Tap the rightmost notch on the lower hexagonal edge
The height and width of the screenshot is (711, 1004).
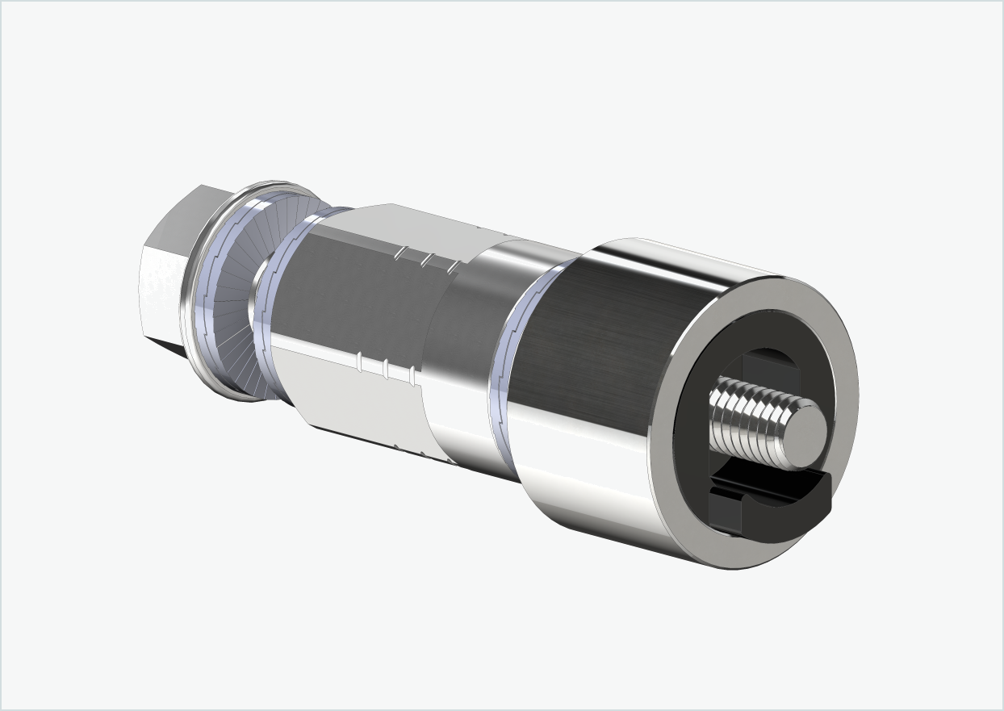413,374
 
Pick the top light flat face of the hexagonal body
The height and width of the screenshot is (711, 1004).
404,226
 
